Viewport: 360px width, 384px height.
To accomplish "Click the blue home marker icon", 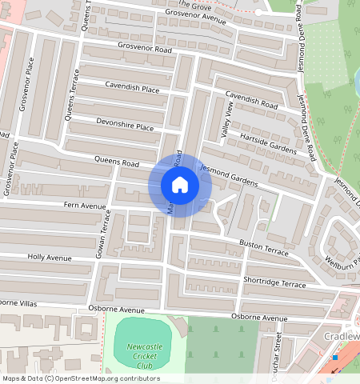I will coord(180,186).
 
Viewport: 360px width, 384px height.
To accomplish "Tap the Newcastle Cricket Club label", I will coord(133,355).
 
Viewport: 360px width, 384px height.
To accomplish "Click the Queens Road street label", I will coord(117,162).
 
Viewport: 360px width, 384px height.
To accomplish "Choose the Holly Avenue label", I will coord(50,258).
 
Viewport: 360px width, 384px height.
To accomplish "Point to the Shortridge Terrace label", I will coord(274,283).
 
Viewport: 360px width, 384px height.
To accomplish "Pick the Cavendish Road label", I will coord(250,100).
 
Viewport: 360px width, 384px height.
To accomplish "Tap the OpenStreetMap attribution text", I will coord(80,378).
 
